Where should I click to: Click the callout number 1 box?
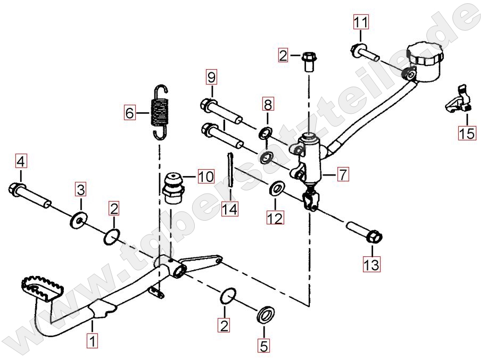(x=92, y=341)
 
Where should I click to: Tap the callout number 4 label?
(x=21, y=161)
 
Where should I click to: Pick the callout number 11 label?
(x=361, y=22)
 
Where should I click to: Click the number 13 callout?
(x=372, y=265)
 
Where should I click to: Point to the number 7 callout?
(x=343, y=174)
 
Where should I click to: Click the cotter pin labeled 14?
(x=230, y=170)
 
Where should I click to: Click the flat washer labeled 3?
(x=78, y=220)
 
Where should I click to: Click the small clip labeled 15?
(x=458, y=98)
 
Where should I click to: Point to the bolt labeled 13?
(x=364, y=232)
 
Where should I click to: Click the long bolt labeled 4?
(x=29, y=195)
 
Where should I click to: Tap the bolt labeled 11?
(x=365, y=53)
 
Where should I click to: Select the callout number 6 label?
(x=129, y=112)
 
